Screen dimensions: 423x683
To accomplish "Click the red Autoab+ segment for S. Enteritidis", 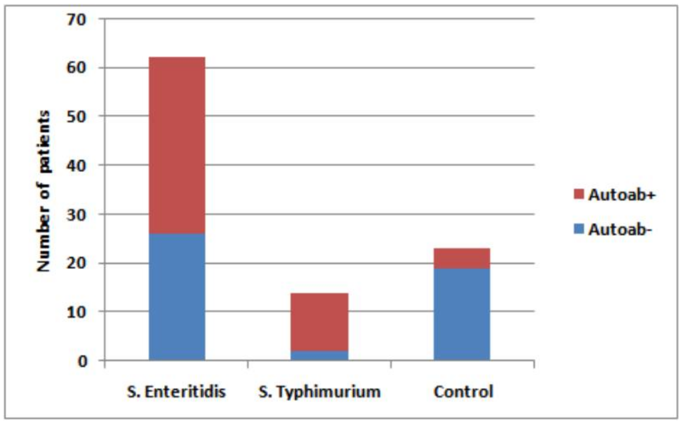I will pyautogui.click(x=177, y=145).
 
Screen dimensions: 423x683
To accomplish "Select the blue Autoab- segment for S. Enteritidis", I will pyautogui.click(x=177, y=296).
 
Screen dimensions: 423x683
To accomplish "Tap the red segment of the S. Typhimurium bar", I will pyautogui.click(x=319, y=322).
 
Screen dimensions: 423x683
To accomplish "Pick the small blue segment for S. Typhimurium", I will pyautogui.click(x=319, y=355).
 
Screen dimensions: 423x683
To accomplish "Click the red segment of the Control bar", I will pyautogui.click(x=462, y=258).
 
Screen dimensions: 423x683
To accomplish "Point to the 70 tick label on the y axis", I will pyautogui.click(x=76, y=20).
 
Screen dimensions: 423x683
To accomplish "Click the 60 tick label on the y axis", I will pyautogui.click(x=76, y=68).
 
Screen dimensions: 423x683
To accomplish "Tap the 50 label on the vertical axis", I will pyautogui.click(x=76, y=117).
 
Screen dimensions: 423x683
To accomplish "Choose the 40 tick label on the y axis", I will pyautogui.click(x=76, y=166).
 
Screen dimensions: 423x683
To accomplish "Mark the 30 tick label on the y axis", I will pyautogui.click(x=76, y=215).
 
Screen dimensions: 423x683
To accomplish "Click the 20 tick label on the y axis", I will pyautogui.click(x=76, y=263).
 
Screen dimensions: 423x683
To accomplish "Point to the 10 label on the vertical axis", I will pyautogui.click(x=76, y=312).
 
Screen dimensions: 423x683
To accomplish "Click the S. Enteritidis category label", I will pyautogui.click(x=176, y=392).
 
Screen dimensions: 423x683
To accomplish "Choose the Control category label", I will pyautogui.click(x=463, y=392).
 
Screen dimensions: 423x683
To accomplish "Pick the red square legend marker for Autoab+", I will pyautogui.click(x=579, y=194).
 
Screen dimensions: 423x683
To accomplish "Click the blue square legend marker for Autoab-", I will pyautogui.click(x=579, y=229).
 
